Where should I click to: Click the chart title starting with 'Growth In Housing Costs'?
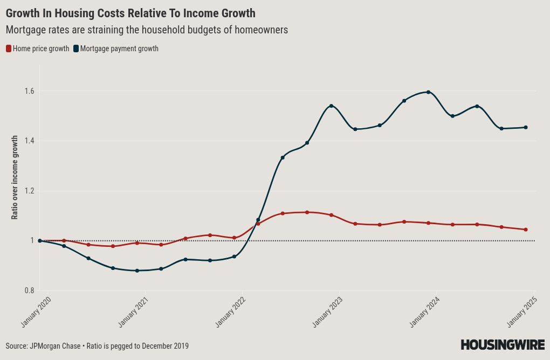(130, 13)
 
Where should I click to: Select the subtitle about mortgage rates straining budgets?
(147, 30)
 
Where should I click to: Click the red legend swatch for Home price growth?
(9, 49)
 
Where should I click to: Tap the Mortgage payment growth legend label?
(119, 49)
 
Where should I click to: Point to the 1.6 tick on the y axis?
(29, 91)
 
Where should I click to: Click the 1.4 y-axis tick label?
(29, 141)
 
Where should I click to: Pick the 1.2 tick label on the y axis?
(29, 191)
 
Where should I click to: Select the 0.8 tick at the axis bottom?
(29, 291)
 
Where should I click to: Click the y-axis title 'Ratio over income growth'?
(15, 177)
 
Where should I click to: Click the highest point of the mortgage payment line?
(428, 92)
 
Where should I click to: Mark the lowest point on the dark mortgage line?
(137, 271)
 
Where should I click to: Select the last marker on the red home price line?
(526, 230)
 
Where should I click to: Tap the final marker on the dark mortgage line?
(526, 128)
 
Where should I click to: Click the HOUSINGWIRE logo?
(503, 345)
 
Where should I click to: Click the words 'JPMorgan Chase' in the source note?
(54, 346)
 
